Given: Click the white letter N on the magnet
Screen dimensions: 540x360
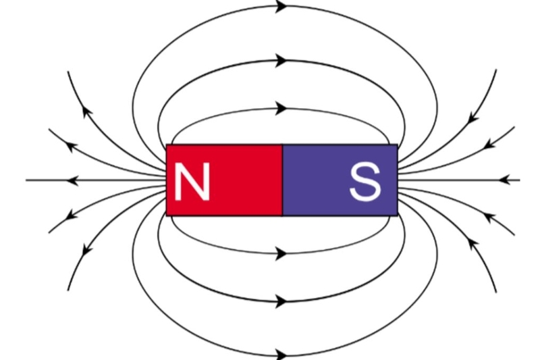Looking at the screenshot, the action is point(192,181).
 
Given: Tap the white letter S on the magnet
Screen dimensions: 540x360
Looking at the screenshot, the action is point(365,182).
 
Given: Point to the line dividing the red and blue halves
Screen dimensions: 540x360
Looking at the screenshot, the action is point(282,180).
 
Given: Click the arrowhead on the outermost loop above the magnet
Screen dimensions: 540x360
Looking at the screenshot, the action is point(281,6).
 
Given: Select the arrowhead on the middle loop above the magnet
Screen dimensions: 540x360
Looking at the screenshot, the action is point(281,61).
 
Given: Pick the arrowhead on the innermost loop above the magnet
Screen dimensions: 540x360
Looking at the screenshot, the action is point(281,109).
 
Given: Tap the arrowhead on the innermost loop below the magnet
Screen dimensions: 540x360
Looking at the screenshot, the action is point(281,254).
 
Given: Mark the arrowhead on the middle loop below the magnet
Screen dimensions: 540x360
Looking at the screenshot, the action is point(281,301).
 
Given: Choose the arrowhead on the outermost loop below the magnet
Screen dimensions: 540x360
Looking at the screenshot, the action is point(281,354).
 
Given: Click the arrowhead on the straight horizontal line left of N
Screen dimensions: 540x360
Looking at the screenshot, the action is point(72,180).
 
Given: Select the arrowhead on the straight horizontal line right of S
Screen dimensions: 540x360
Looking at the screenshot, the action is point(504,180).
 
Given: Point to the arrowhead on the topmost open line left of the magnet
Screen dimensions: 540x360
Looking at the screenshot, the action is point(87,112).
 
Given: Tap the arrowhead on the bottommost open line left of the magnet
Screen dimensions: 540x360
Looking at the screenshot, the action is point(87,249).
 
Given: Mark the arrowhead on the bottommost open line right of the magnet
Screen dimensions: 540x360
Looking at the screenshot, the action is point(473,243).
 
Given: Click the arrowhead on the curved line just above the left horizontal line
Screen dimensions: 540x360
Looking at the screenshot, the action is point(72,146).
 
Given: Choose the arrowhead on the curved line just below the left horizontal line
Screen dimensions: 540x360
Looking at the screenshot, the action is point(72,215).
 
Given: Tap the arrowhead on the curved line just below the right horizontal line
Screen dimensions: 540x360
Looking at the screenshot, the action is point(489,217).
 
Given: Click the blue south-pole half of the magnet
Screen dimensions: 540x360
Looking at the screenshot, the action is point(340,180).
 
